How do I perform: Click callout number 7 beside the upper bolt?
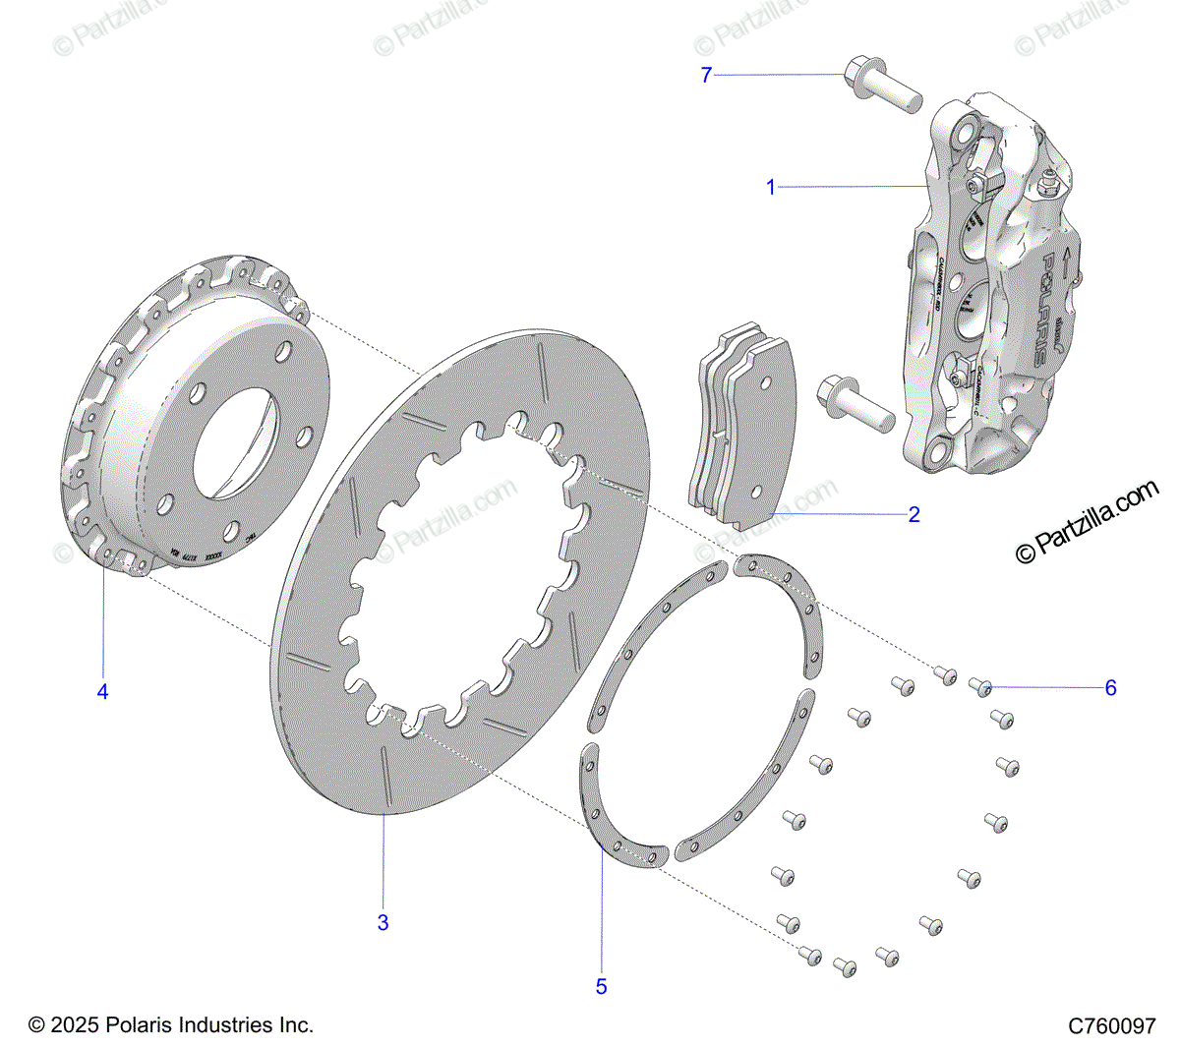point(706,75)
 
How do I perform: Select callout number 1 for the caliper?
point(771,187)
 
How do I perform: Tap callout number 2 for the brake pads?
point(914,514)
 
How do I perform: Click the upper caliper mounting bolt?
point(879,87)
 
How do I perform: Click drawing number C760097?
point(1112,1025)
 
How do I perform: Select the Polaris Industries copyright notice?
point(171,1025)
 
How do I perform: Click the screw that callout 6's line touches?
point(980,685)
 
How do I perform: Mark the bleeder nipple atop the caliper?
point(1047,181)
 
